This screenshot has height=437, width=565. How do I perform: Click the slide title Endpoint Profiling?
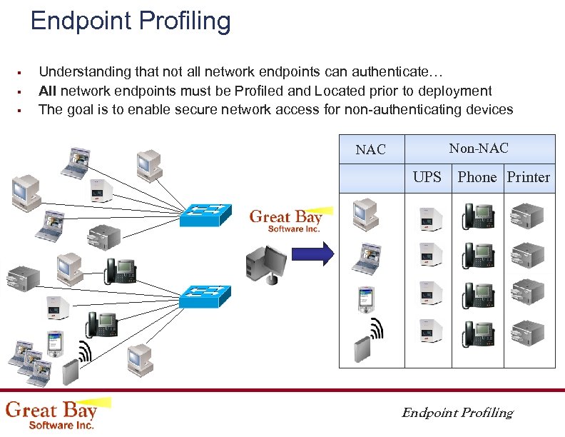click(131, 21)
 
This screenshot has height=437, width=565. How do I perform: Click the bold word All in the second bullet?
click(48, 91)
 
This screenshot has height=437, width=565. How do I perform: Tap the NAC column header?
click(370, 149)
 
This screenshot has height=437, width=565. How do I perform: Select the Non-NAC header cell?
click(479, 149)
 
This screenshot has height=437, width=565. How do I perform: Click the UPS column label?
click(427, 177)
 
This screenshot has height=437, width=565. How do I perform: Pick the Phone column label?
click(477, 177)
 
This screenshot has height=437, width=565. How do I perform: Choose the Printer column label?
click(528, 177)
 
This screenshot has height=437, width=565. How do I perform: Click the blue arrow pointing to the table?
click(315, 253)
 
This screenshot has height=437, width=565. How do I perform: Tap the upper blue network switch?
click(205, 214)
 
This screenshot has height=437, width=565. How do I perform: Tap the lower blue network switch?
click(205, 295)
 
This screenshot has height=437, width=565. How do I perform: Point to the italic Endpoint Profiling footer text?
click(457, 413)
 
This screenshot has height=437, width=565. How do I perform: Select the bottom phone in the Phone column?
click(477, 333)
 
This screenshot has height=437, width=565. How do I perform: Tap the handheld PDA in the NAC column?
click(365, 300)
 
